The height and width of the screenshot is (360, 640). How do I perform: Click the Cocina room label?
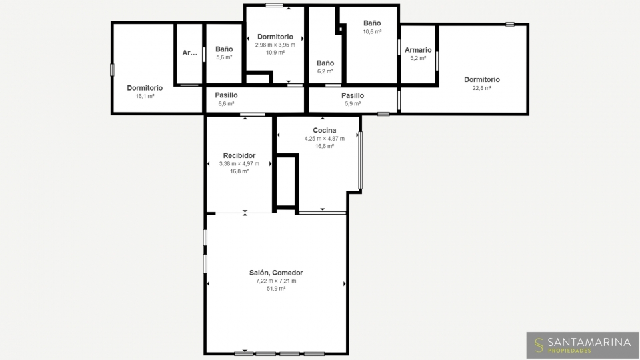coord(325,130)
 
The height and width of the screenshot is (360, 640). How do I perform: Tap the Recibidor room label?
coord(239,155)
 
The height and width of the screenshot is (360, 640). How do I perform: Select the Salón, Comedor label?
coord(276,273)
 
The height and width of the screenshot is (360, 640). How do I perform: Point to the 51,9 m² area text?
coord(276,289)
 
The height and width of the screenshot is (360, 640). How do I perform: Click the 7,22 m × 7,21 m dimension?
coord(276,281)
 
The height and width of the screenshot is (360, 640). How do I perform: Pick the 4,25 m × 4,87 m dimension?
coord(325,139)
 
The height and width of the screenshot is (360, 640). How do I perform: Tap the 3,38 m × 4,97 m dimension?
coord(239,164)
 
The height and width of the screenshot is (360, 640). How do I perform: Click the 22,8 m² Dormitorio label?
coord(481,79)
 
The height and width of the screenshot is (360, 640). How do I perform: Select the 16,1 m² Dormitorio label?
coord(145,88)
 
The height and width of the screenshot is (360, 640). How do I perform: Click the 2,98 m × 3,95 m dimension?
coord(275,45)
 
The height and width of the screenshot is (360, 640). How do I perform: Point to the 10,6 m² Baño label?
coord(372,23)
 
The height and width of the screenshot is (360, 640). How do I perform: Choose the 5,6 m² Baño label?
coord(224,49)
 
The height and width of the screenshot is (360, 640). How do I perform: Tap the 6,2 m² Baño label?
coord(325,63)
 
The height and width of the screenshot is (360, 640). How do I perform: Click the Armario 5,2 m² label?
coord(418,50)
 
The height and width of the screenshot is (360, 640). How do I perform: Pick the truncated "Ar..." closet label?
coord(189,53)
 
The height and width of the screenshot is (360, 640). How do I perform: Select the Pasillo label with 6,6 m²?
coord(226,95)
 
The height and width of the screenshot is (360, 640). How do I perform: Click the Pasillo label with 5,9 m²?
coord(353,95)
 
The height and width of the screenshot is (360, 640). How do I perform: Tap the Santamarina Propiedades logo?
coord(583,345)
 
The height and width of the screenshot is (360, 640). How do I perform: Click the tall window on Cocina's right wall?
coord(360,161)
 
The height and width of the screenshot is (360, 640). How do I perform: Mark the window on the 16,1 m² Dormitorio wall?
coord(112,70)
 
